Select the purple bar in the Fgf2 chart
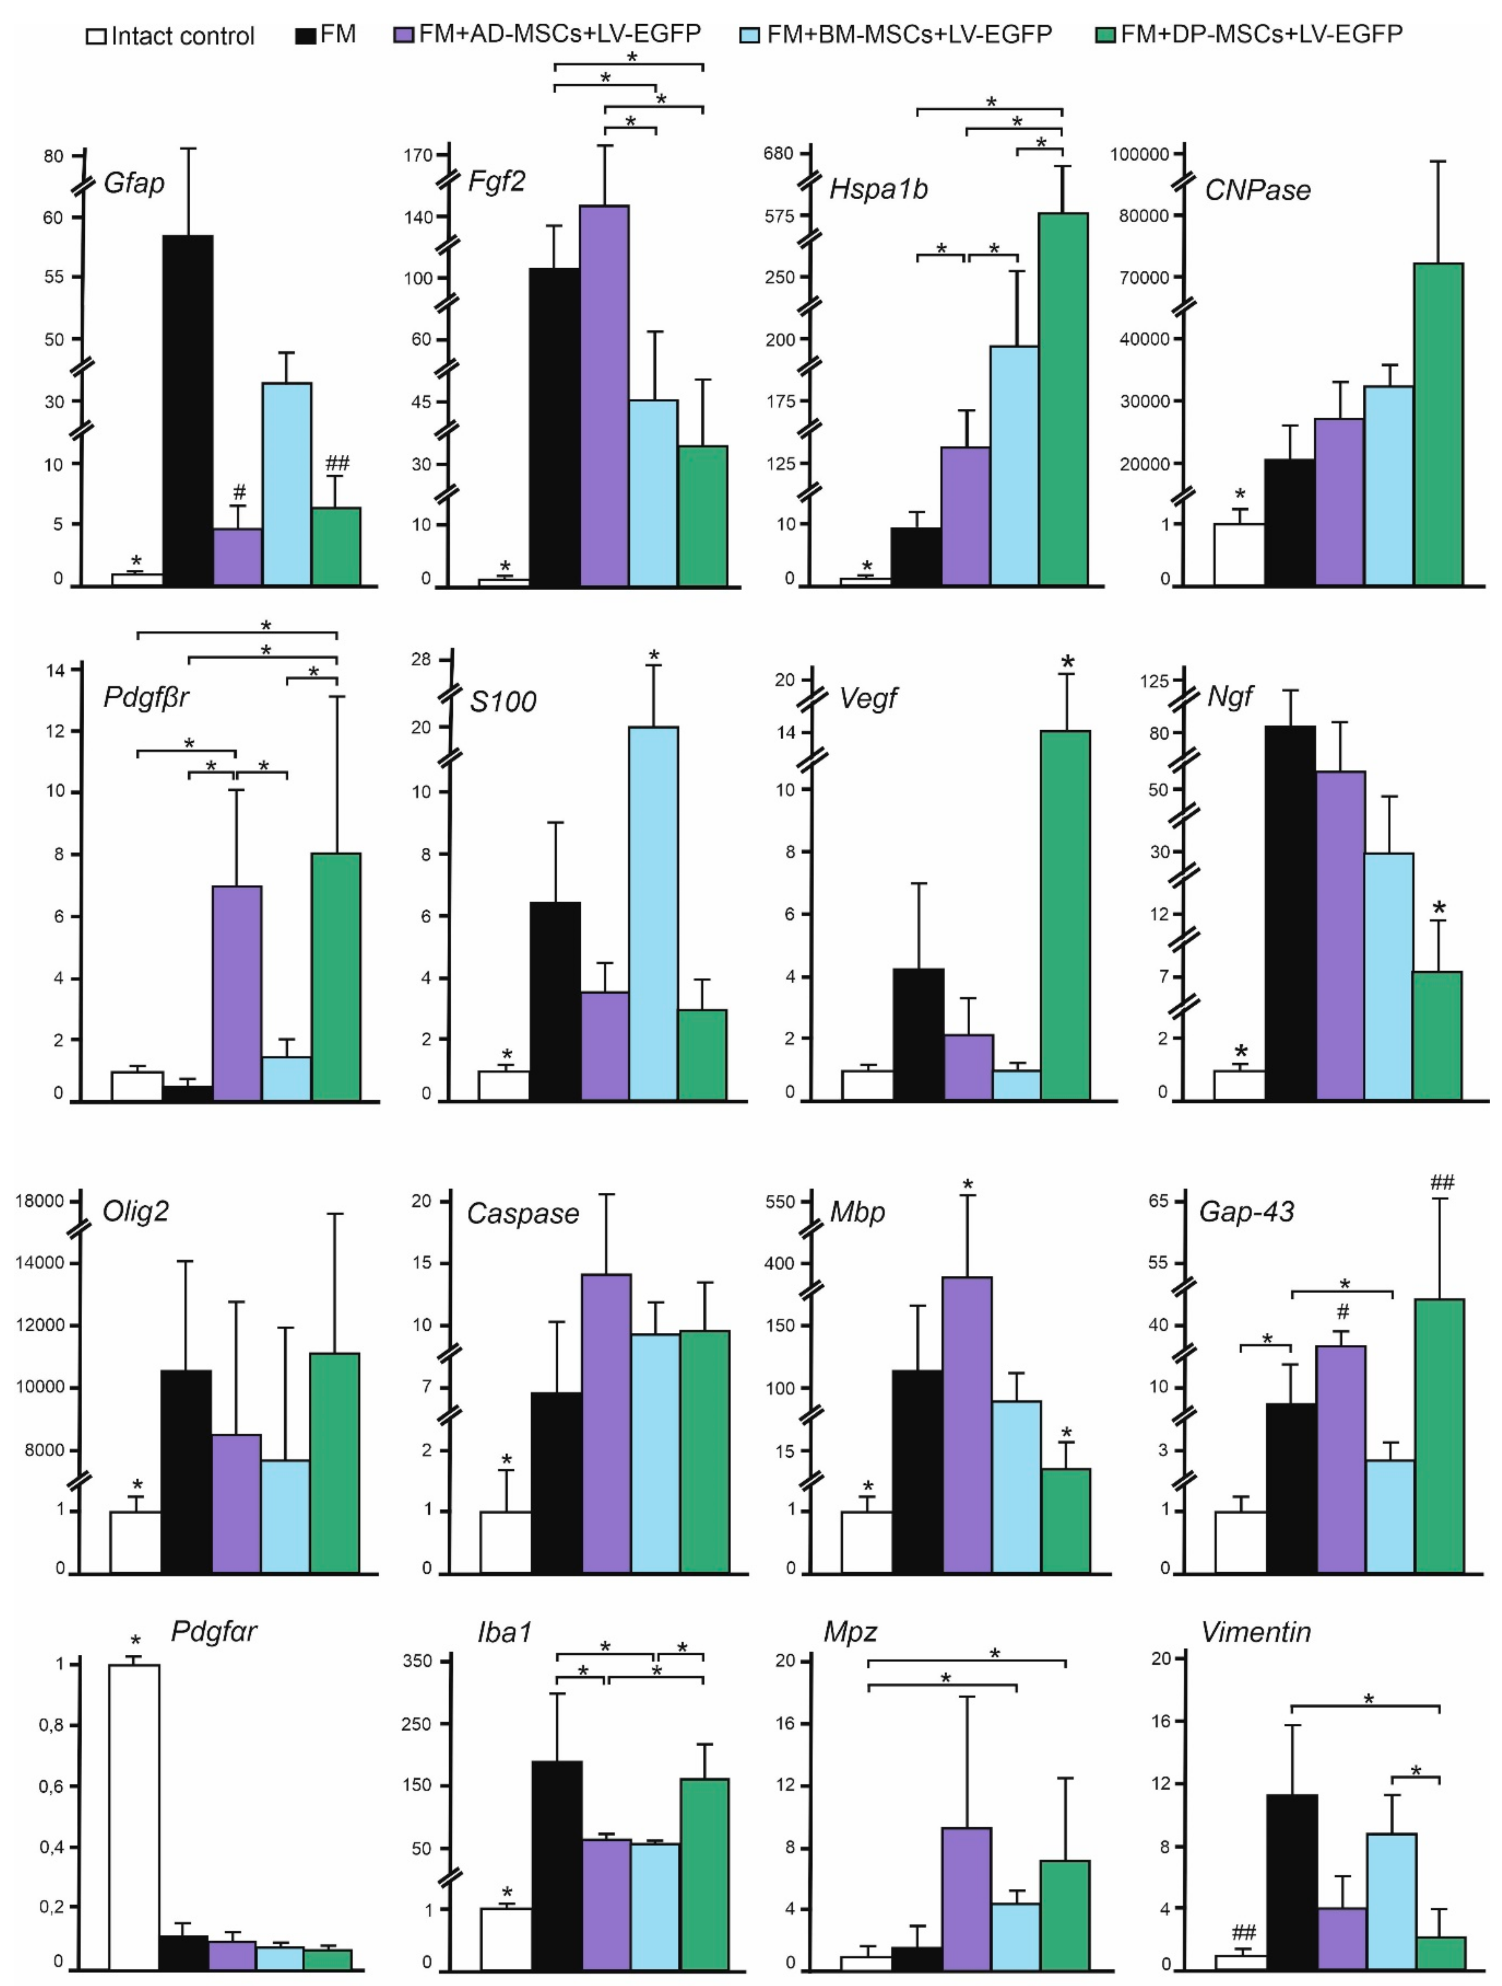pyautogui.click(x=603, y=395)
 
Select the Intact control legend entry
pyautogui.click(x=171, y=36)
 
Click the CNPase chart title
pyautogui.click(x=1257, y=190)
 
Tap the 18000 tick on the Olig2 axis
pyautogui.click(x=40, y=1201)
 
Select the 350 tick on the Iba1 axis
pyautogui.click(x=418, y=1661)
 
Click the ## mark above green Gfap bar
pyautogui.click(x=337, y=463)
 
